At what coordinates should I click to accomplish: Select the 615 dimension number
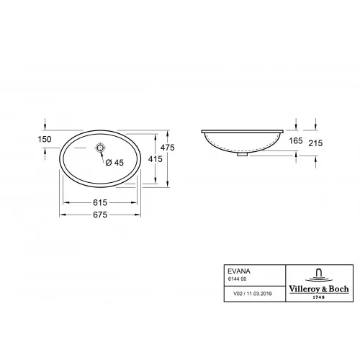coord(102,204)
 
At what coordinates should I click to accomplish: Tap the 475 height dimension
coord(167,147)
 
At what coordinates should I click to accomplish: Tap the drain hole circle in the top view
coord(101,148)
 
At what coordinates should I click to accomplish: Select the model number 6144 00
coord(237,279)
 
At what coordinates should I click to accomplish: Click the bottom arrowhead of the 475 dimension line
coord(167,183)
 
